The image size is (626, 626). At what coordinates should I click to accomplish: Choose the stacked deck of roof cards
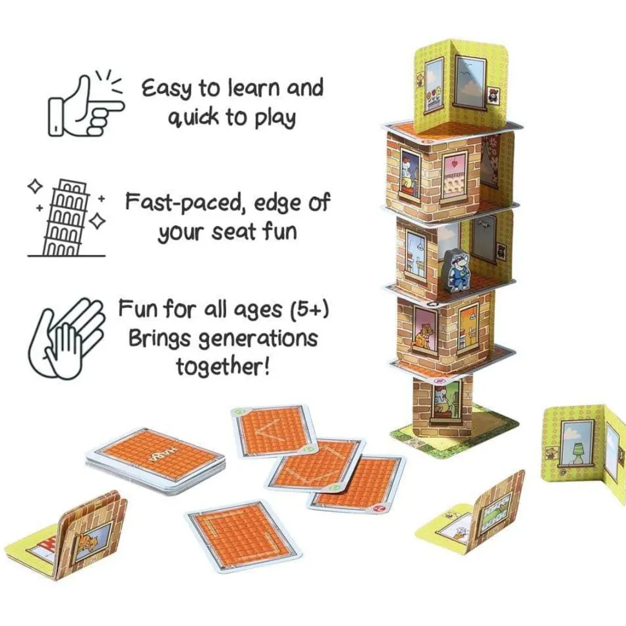tap(157, 458)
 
